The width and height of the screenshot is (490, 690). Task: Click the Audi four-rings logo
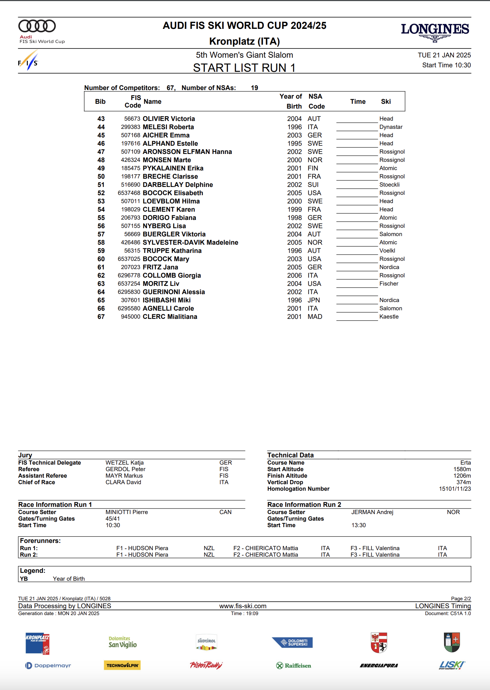pyautogui.click(x=37, y=26)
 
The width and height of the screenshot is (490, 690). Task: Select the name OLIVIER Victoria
pyautogui.click(x=169, y=119)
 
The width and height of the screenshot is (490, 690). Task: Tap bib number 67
pyautogui.click(x=101, y=317)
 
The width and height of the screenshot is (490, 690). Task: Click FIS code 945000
pyautogui.click(x=131, y=317)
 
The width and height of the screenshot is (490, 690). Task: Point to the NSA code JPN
pyautogui.click(x=314, y=300)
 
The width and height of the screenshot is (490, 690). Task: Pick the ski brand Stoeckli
pyautogui.click(x=389, y=185)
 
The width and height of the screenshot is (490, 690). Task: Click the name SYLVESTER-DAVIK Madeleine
pyautogui.click(x=190, y=243)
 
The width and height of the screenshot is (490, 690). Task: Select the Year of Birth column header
pyautogui.click(x=291, y=101)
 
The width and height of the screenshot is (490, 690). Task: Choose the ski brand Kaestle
pyautogui.click(x=389, y=317)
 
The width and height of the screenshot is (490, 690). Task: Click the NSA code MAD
pyautogui.click(x=315, y=317)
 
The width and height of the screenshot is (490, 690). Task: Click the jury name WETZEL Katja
pyautogui.click(x=124, y=463)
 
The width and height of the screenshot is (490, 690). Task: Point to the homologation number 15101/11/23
pyautogui.click(x=455, y=489)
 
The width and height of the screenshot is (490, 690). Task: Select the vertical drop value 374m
pyautogui.click(x=463, y=482)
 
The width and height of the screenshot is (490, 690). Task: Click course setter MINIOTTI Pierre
pyautogui.click(x=126, y=512)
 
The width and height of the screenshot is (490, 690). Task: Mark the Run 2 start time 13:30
pyautogui.click(x=358, y=525)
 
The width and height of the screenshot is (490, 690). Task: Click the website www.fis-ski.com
pyautogui.click(x=243, y=606)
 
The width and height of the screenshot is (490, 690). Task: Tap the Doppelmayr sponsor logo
pyautogui.click(x=48, y=666)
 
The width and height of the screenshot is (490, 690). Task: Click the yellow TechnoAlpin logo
pyautogui.click(x=122, y=666)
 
